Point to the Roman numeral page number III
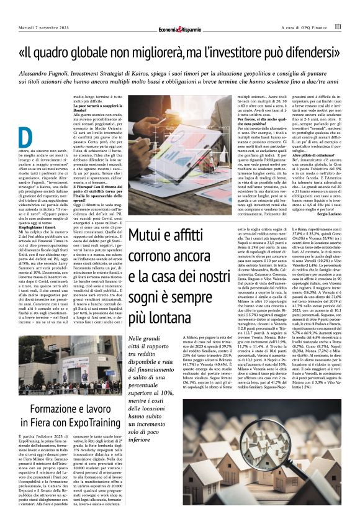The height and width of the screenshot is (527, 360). coord(337,27)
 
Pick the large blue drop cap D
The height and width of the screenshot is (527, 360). coord(25,138)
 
